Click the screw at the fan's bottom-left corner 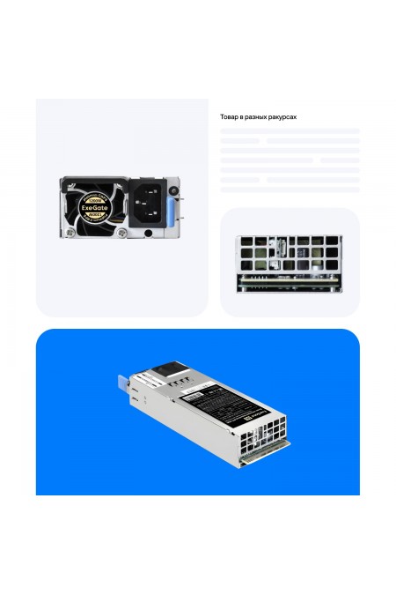67,233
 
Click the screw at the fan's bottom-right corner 121,233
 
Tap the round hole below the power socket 148,233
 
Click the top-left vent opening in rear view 246,242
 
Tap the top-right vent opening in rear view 333,242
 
